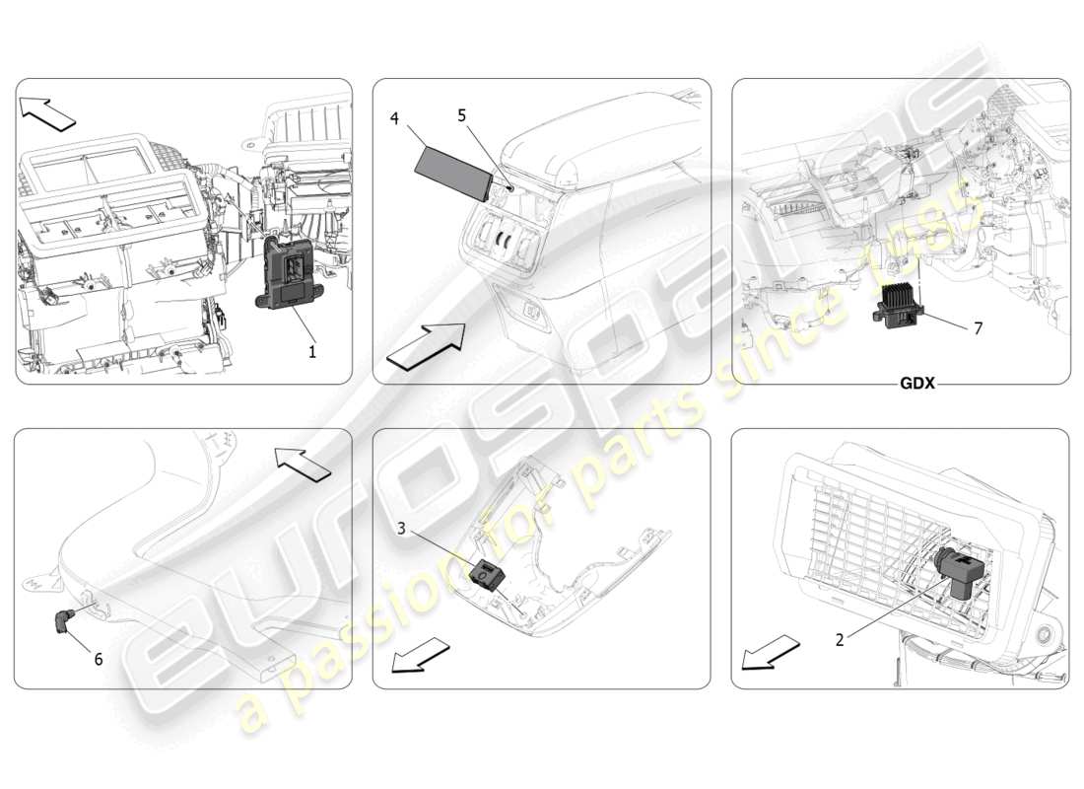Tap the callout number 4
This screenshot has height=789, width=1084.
(x=394, y=119)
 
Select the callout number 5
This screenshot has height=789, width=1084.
(x=462, y=114)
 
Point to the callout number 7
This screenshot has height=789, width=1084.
(x=978, y=327)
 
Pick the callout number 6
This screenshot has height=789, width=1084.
(x=98, y=659)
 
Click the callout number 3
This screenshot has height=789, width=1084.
(x=402, y=529)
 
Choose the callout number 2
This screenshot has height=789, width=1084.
(x=840, y=639)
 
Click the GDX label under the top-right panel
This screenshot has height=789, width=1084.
(x=916, y=384)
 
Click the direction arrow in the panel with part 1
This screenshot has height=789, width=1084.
(x=48, y=113)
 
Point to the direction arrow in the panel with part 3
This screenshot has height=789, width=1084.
(x=420, y=655)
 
